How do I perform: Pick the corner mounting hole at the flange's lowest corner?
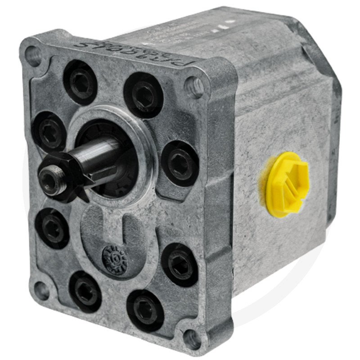[x=192, y=337]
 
